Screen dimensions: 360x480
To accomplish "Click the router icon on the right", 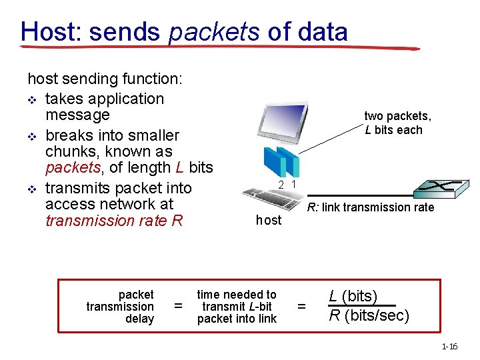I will pyautogui.click(x=441, y=189).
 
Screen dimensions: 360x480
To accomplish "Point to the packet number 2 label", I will pyautogui.click(x=281, y=184).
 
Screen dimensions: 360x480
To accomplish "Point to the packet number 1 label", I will pyautogui.click(x=293, y=184).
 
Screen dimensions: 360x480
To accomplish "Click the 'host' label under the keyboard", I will pyautogui.click(x=269, y=220).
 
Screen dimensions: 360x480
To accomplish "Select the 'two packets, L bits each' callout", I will pyautogui.click(x=397, y=123).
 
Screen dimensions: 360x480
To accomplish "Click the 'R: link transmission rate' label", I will pyautogui.click(x=370, y=207).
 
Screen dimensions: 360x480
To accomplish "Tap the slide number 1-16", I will pyautogui.click(x=449, y=346).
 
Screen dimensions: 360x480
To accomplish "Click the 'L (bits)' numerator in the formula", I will pyautogui.click(x=353, y=296).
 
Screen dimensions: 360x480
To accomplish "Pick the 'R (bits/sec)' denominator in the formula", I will pyautogui.click(x=369, y=315).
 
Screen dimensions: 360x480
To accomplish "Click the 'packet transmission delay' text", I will pyautogui.click(x=120, y=307).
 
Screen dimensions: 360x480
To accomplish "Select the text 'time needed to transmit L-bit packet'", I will pyautogui.click(x=237, y=307).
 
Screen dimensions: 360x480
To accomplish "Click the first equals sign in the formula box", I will pyautogui.click(x=178, y=307).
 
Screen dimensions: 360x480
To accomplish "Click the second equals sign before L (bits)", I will pyautogui.click(x=301, y=307).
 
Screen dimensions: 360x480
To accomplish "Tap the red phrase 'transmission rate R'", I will pyautogui.click(x=113, y=221).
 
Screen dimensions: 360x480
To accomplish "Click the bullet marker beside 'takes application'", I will pyautogui.click(x=32, y=99).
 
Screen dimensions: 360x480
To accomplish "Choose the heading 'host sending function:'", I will pyautogui.click(x=104, y=79).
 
